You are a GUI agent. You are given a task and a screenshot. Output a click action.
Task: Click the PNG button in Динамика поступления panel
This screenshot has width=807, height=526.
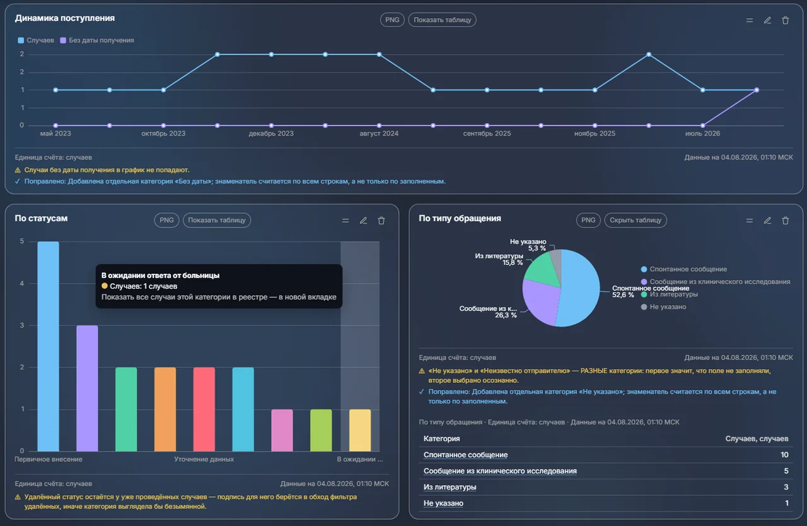[392, 20]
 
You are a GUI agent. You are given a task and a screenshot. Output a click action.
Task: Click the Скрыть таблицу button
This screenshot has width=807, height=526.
[635, 220]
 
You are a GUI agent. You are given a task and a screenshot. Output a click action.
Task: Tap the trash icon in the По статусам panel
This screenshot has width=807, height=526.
[381, 221]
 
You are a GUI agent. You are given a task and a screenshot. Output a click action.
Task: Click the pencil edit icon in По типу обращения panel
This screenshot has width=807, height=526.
[767, 221]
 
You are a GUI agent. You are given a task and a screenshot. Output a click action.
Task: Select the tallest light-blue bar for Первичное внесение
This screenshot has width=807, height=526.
[49, 346]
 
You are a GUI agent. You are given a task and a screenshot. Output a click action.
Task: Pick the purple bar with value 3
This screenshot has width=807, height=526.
[87, 389]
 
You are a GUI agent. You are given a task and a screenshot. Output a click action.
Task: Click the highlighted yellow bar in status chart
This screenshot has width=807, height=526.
[360, 430]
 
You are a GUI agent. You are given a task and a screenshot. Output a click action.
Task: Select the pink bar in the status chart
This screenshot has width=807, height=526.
[282, 430]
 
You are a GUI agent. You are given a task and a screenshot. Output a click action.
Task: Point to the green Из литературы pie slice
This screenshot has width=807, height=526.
[543, 270]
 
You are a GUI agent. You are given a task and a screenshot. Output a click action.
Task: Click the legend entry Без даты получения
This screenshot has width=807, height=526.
[97, 40]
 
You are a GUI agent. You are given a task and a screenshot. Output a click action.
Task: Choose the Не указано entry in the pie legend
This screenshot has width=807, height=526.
[664, 307]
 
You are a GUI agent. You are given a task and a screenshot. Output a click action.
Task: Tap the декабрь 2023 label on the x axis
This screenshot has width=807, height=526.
[271, 133]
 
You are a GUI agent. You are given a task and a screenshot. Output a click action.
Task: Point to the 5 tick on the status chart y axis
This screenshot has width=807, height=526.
[22, 241]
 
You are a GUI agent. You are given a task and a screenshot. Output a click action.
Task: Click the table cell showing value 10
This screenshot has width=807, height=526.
[784, 455]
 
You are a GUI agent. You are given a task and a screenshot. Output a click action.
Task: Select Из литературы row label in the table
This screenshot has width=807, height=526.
[450, 487]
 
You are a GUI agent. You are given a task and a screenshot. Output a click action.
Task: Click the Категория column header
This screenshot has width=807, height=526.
[442, 439]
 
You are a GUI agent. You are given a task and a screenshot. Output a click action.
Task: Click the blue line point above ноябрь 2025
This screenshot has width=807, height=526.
[595, 90]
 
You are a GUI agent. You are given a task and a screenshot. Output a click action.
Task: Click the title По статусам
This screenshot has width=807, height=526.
[41, 218]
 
